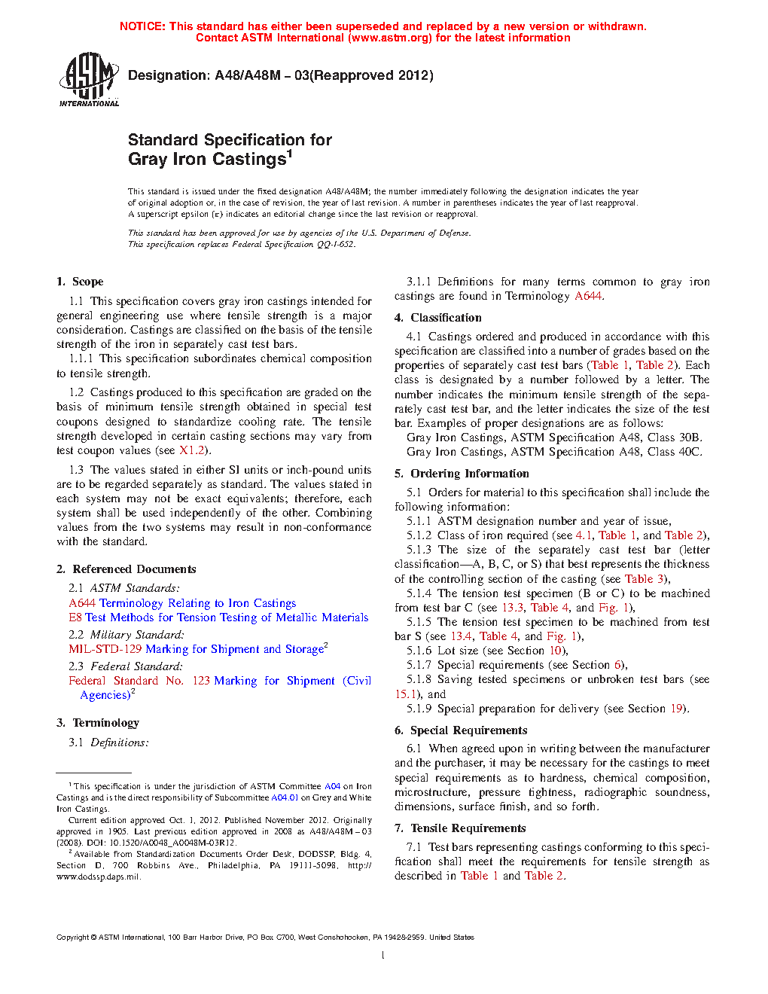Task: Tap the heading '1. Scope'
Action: click(x=80, y=282)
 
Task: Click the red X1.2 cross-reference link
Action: click(x=191, y=450)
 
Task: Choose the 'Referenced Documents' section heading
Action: click(x=126, y=569)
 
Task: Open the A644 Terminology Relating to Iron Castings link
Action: click(x=182, y=603)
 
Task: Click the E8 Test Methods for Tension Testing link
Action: click(x=218, y=617)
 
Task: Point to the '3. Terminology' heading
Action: click(x=98, y=723)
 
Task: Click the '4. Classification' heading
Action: click(x=438, y=318)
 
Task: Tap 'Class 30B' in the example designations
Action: click(x=675, y=438)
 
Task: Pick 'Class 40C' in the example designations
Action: click(x=675, y=452)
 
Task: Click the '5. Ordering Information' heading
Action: click(x=462, y=474)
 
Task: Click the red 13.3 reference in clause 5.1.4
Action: click(x=512, y=608)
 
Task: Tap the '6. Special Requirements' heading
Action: click(x=461, y=730)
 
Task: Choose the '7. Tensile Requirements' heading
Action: click(x=460, y=828)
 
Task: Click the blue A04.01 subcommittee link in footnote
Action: click(x=285, y=797)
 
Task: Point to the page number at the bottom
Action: click(x=383, y=956)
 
